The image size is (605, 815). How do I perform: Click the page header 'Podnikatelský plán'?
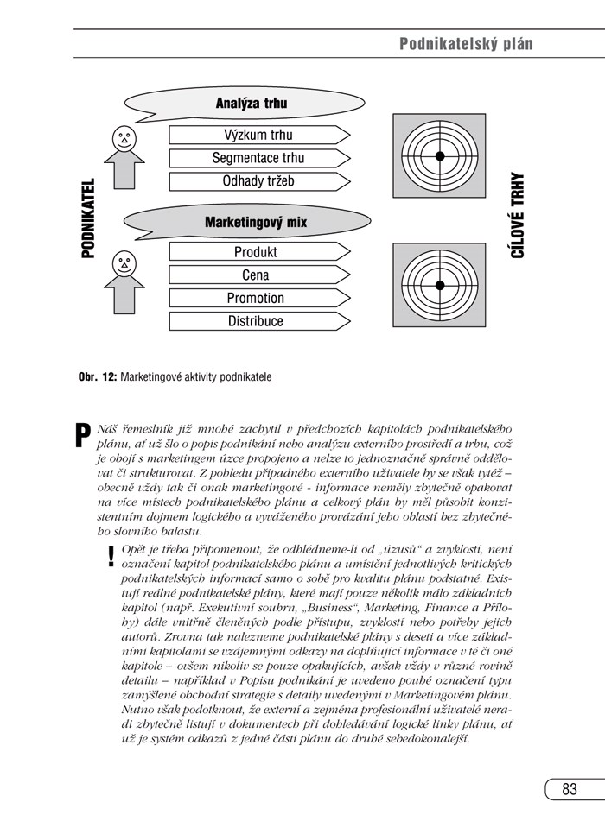(466, 44)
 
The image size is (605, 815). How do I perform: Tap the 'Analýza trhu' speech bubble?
(251, 104)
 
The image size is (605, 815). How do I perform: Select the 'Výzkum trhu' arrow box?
(258, 135)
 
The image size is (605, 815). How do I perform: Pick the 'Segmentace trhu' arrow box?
(258, 158)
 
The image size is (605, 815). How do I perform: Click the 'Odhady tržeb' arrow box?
(258, 181)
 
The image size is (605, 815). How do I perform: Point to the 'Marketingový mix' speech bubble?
(255, 222)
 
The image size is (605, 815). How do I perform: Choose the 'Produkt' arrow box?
(258, 252)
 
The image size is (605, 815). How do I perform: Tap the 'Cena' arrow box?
(258, 275)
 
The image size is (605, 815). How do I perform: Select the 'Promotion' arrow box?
(258, 298)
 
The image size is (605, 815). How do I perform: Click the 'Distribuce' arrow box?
(258, 321)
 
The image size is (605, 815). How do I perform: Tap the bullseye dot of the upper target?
(439, 155)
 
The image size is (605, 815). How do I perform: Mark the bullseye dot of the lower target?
(439, 285)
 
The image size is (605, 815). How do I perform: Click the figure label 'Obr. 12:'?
(97, 377)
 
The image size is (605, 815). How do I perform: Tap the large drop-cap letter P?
(82, 434)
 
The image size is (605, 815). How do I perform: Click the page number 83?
(569, 789)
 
